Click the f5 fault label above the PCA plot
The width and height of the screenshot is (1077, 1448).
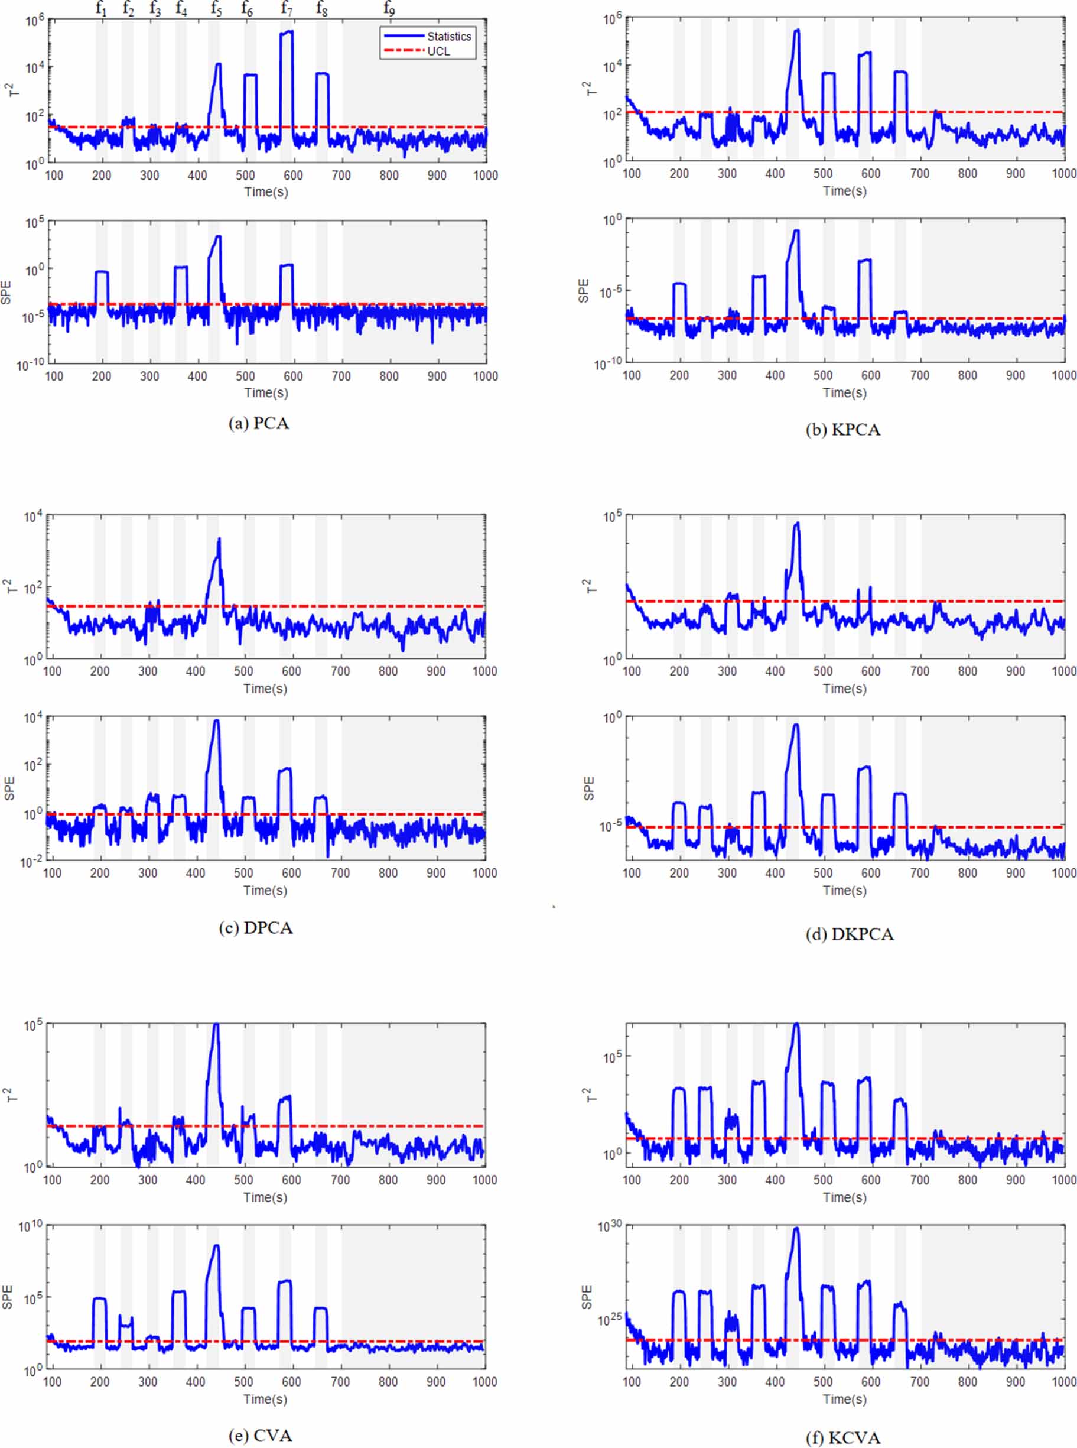click(216, 9)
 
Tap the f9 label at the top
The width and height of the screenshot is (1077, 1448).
click(389, 9)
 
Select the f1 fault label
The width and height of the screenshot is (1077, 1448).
click(101, 9)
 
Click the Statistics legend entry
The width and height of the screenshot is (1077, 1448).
click(448, 37)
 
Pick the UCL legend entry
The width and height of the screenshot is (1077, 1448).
click(439, 51)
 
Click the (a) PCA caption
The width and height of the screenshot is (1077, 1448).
click(259, 423)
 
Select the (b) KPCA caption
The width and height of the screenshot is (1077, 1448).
click(843, 430)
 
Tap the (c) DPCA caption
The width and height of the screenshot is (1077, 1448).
click(256, 927)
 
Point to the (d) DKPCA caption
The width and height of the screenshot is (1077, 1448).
click(850, 934)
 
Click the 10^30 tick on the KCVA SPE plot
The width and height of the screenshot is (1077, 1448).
click(610, 1227)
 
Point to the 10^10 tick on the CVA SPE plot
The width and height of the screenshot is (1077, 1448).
click(31, 1227)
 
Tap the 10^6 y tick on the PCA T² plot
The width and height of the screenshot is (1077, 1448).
click(34, 20)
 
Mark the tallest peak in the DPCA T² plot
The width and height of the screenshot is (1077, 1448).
click(219, 540)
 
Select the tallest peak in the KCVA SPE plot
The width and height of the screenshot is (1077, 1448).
click(796, 1229)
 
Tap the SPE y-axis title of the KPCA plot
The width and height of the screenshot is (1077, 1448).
click(584, 291)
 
